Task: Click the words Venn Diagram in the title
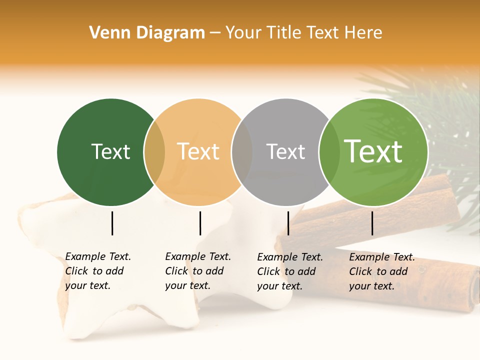(147, 33)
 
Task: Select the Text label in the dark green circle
(110, 151)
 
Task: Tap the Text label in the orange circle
(198, 151)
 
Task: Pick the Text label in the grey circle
(285, 151)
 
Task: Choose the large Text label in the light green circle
(373, 151)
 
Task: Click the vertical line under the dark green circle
(112, 223)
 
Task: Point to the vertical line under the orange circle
(200, 223)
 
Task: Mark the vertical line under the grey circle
(288, 223)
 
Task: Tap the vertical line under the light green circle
(372, 223)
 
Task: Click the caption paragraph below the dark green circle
(98, 271)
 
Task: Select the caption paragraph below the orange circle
(198, 271)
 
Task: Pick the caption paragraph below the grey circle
(290, 271)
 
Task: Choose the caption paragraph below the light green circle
(382, 271)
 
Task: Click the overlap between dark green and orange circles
(154, 152)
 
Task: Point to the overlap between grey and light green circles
(328, 152)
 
